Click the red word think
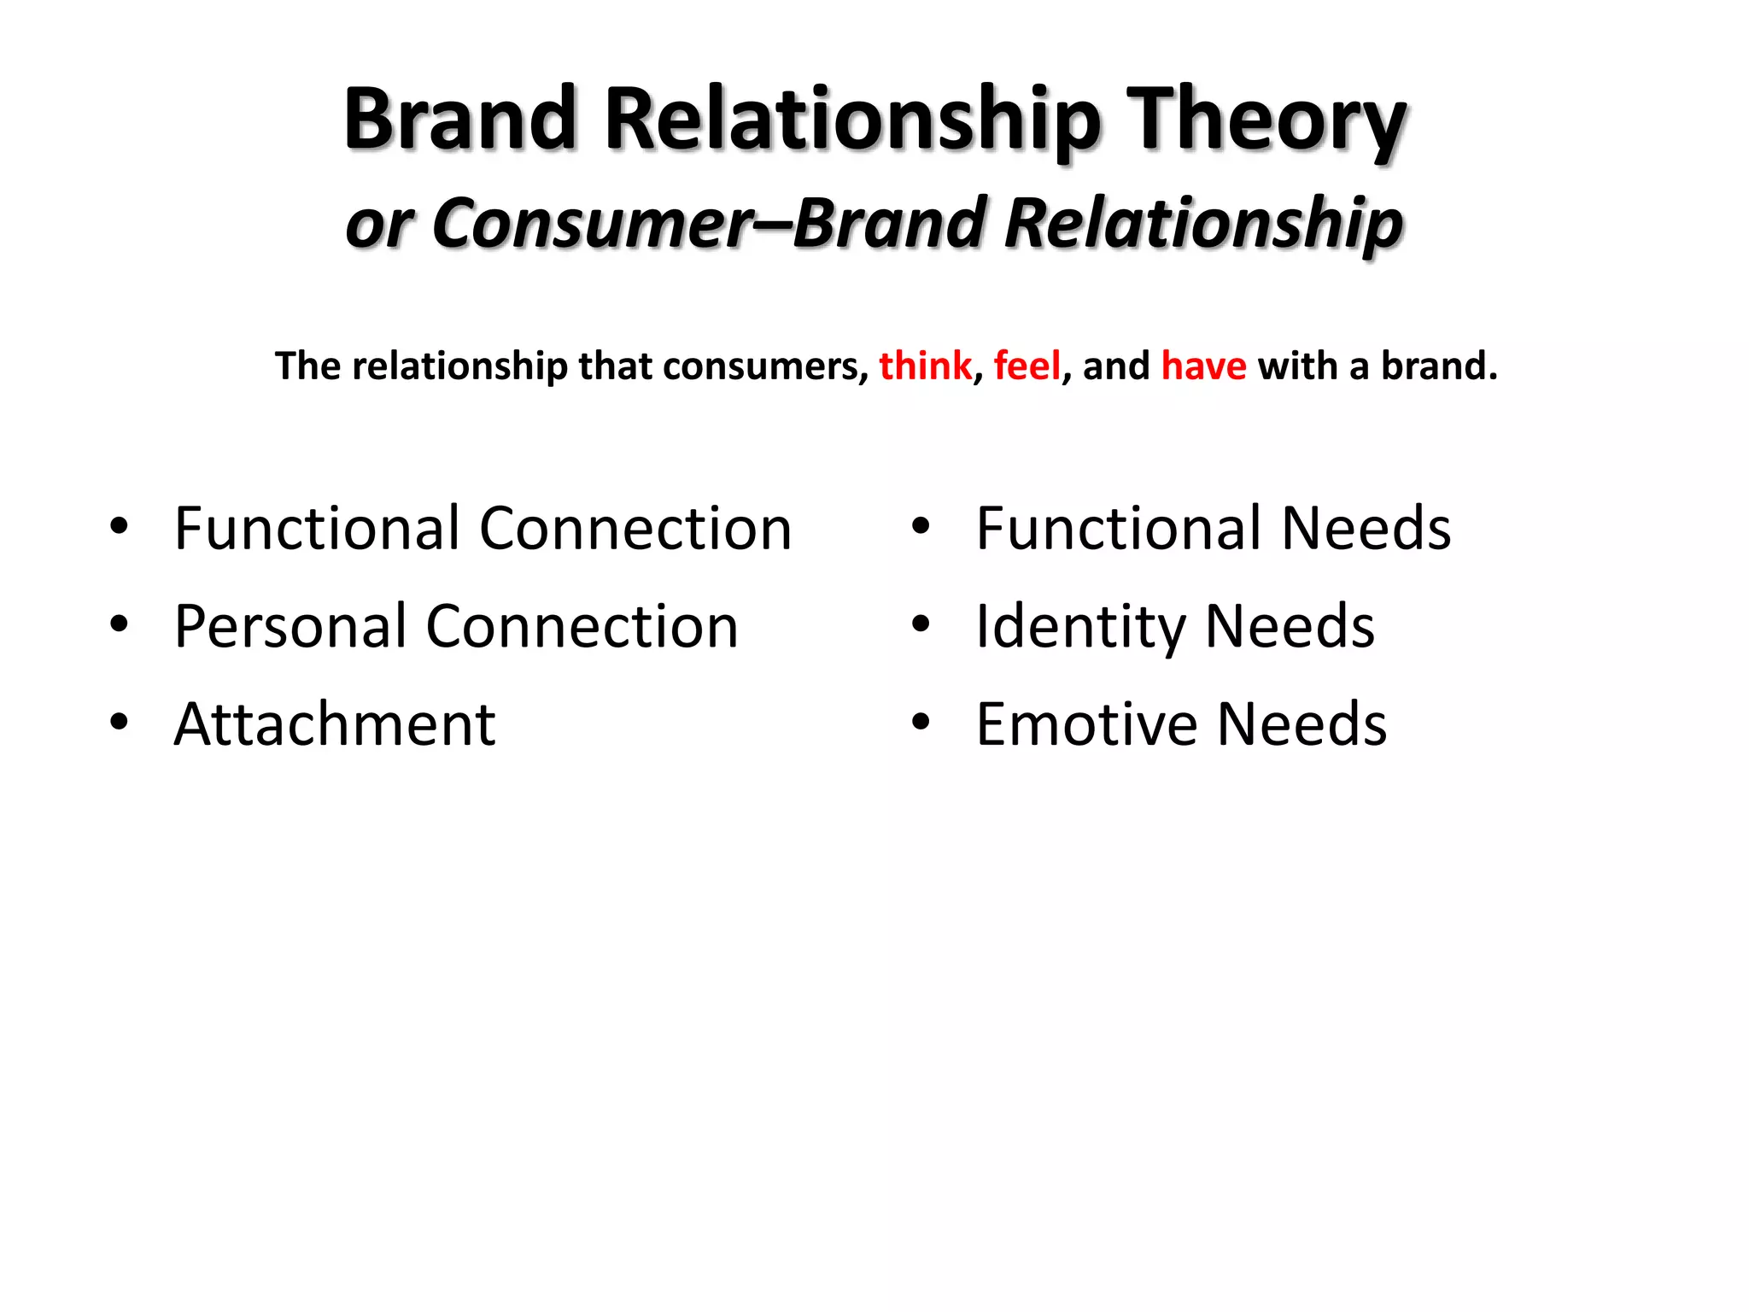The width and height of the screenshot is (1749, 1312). [x=925, y=366]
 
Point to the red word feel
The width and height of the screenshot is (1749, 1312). [x=1027, y=366]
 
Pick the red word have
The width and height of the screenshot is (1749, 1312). [x=1203, y=366]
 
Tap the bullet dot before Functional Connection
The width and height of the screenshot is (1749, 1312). [x=119, y=527]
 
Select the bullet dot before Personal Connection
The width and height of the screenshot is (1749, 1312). [x=119, y=624]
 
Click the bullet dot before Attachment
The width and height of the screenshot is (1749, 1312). [x=119, y=723]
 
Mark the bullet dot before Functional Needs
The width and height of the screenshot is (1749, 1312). [x=920, y=527]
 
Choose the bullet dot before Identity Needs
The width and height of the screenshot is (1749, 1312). [x=920, y=624]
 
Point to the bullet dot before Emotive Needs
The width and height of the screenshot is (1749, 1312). [x=920, y=723]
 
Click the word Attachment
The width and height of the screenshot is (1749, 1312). [x=335, y=724]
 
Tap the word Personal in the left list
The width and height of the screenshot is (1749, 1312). [x=290, y=626]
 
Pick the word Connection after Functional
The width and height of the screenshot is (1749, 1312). [x=635, y=529]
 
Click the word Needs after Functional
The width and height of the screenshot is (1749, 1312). [x=1366, y=529]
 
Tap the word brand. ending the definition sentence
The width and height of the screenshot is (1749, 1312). [x=1439, y=366]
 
